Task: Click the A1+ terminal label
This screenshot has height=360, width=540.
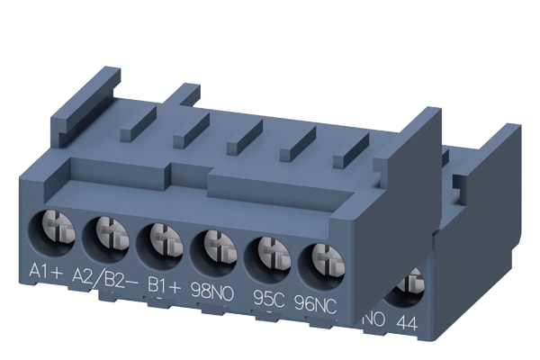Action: pyautogui.click(x=46, y=271)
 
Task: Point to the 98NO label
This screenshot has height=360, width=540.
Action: pyautogui.click(x=212, y=292)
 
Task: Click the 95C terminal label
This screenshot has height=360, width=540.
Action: pyautogui.click(x=268, y=299)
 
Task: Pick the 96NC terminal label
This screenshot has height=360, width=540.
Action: pyautogui.click(x=315, y=305)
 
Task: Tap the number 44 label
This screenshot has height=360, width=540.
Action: pyautogui.click(x=407, y=323)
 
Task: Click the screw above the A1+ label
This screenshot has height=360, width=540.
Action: pyautogui.click(x=58, y=228)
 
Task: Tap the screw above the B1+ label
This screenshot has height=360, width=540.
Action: pyautogui.click(x=166, y=239)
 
